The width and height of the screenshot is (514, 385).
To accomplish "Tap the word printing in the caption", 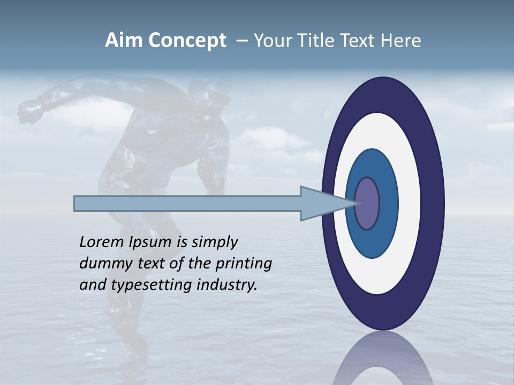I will click(x=244, y=264).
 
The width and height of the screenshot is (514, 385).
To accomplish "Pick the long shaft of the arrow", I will click(x=187, y=203).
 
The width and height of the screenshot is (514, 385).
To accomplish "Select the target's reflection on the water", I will click(x=383, y=361).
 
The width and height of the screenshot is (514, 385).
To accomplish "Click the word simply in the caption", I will click(x=214, y=243).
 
